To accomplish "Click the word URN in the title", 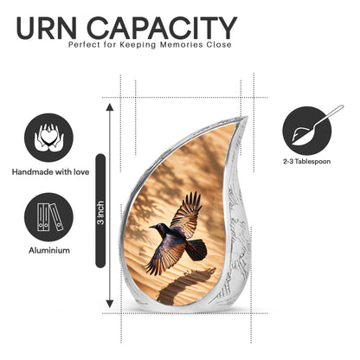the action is tap(47, 28).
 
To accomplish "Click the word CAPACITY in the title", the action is tap(162, 28).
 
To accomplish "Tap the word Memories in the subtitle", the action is tap(181, 45).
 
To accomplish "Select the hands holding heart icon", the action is tap(48, 138).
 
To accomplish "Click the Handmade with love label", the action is tap(50, 172).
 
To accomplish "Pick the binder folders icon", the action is tap(48, 217).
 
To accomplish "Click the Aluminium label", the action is tap(49, 250).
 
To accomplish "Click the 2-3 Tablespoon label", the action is tap(307, 162).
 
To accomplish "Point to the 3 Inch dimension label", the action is tap(100, 213).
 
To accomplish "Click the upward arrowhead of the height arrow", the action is tap(109, 107).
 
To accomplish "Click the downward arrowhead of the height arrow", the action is tap(109, 304).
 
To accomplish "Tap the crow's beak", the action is tap(152, 227).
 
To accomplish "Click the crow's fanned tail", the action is tap(196, 250).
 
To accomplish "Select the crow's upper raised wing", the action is tap(186, 214).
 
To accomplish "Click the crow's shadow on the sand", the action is tap(184, 284).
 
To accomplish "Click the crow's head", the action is tap(161, 228).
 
